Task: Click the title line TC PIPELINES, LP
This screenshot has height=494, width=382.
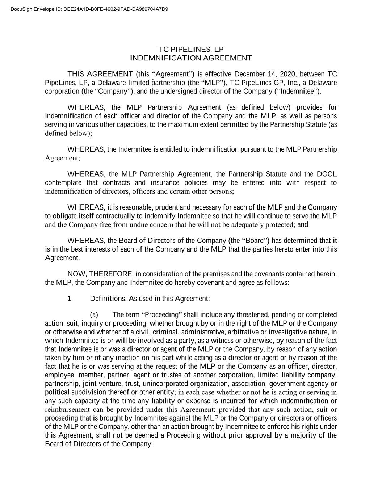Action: point(191,49)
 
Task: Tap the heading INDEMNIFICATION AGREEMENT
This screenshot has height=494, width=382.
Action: point(191,58)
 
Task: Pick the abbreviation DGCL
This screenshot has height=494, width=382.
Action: point(327,174)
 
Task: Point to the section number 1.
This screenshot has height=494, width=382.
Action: point(70,299)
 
